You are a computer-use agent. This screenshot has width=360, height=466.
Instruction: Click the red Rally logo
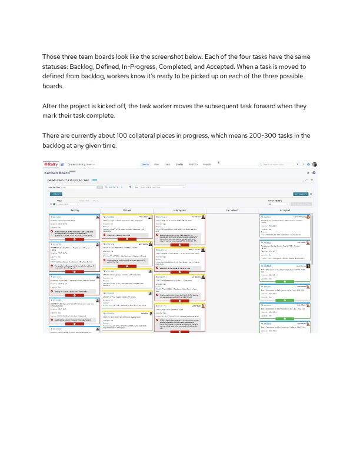pos(49,164)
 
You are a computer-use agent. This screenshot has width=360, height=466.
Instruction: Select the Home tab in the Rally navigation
pos(146,164)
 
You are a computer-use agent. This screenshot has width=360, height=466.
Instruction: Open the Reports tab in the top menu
pos(207,164)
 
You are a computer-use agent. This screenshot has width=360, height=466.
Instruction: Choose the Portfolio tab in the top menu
pos(192,164)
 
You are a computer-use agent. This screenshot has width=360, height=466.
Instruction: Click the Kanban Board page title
pos(57,173)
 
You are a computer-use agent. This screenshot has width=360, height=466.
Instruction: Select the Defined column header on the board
pos(126,209)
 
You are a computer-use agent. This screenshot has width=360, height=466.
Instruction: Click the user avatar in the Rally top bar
pos(315,164)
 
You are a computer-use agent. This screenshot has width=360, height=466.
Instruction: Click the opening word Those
pos(51,56)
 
